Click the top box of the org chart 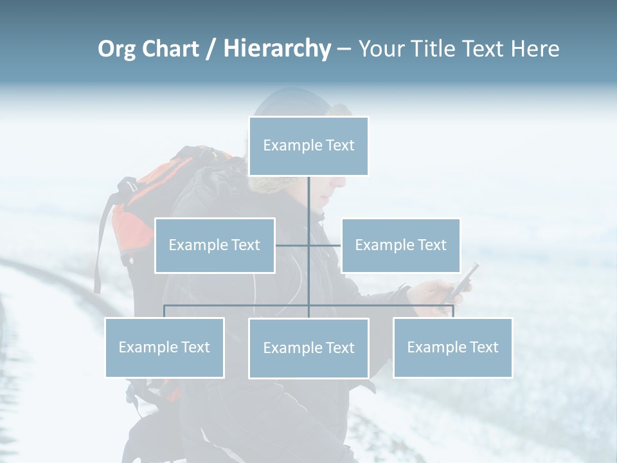click(x=308, y=146)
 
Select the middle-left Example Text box click(x=215, y=245)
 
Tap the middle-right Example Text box click(x=400, y=245)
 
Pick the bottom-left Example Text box click(x=165, y=347)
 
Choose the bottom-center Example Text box click(x=308, y=348)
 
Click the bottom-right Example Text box click(x=452, y=347)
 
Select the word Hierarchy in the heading click(x=276, y=49)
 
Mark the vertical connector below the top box click(x=308, y=199)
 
